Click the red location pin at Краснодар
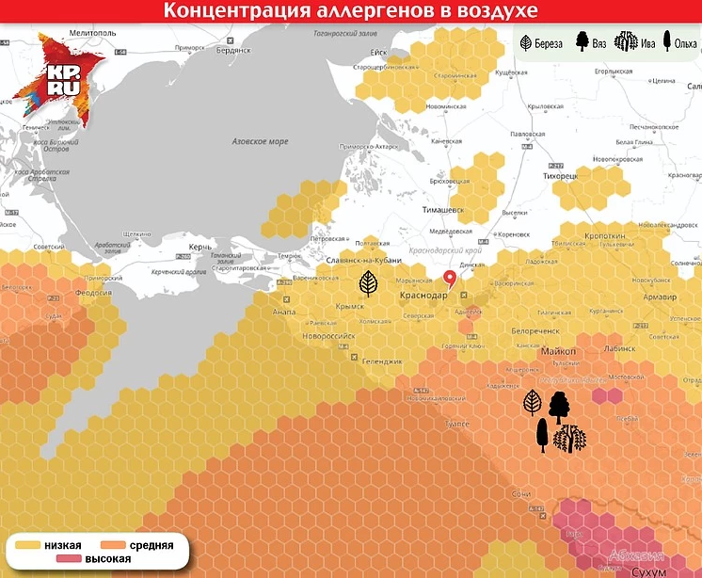(450, 278)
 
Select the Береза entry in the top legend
(542, 42)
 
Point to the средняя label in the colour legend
(151, 545)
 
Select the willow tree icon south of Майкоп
(568, 439)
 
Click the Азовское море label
(260, 141)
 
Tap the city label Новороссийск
(327, 335)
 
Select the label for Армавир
(660, 297)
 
